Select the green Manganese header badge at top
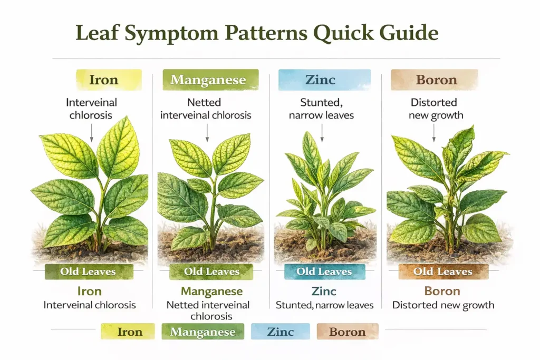click(209, 80)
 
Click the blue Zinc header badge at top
click(321, 80)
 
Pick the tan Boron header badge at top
click(436, 80)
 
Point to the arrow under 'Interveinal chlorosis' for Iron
click(91, 132)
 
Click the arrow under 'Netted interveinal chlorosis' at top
click(207, 132)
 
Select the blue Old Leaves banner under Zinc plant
click(324, 272)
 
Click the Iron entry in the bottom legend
click(128, 332)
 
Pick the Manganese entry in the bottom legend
click(204, 332)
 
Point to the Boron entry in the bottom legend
click(347, 332)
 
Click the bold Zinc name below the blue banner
click(324, 291)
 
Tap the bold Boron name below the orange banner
click(442, 291)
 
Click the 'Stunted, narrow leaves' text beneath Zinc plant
click(324, 305)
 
